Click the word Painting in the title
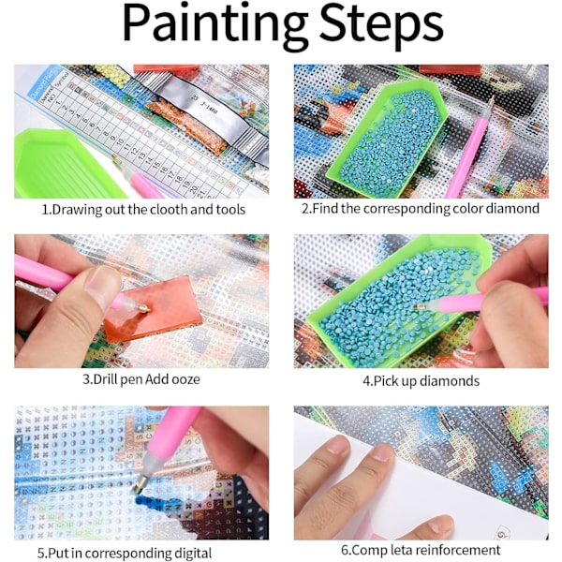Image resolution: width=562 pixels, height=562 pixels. pos(214,24)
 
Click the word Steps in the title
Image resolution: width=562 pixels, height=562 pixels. pos(381,24)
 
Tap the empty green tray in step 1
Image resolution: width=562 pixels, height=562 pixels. pos(65,164)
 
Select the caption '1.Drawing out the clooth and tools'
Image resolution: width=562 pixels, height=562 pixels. pos(143,209)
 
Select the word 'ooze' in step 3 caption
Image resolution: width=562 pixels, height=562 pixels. pos(185,379)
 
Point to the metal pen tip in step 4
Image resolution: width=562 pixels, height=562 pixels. pos(421,307)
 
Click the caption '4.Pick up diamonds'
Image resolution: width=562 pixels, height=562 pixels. pos(421,380)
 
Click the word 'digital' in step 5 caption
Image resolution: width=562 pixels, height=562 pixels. pos(193,553)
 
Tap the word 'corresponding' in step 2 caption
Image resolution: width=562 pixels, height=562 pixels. pos(407,209)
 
